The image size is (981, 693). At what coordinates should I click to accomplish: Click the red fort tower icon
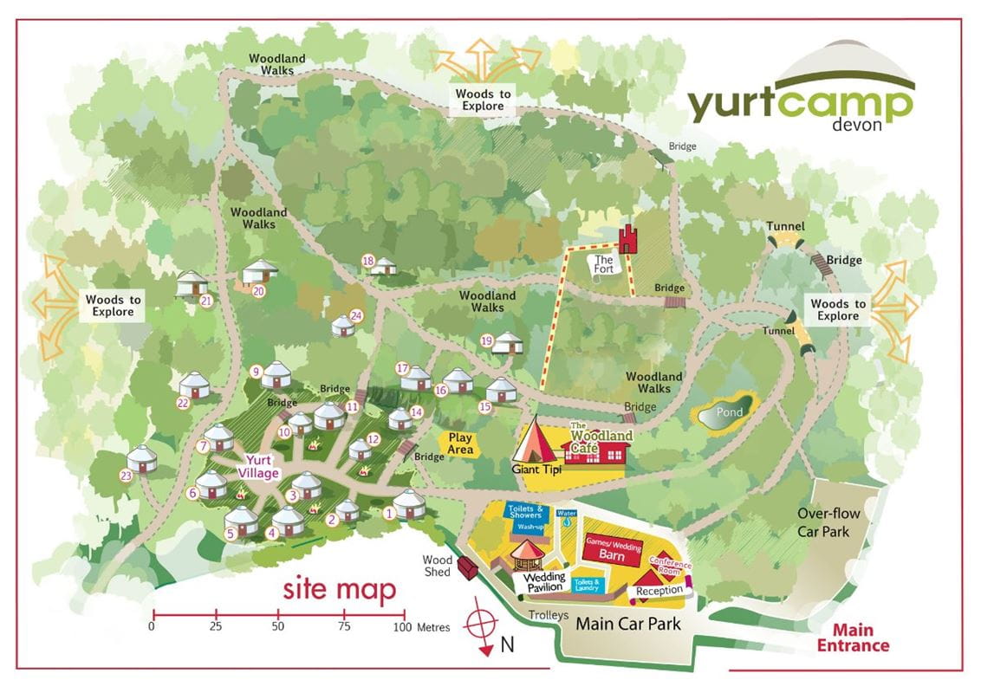pos(627,239)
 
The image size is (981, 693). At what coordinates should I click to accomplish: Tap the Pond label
pos(729,413)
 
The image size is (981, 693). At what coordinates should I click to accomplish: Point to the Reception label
pos(660,591)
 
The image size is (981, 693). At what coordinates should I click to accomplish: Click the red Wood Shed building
pos(467,568)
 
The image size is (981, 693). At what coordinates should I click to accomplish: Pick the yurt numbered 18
pos(384,266)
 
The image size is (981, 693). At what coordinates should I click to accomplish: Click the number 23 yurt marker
pos(127,475)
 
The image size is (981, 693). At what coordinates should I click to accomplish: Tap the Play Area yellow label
pos(460,444)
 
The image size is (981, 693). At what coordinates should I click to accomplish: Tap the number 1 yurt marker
pos(389,513)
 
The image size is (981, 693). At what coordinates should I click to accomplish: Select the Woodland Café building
pos(597,450)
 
